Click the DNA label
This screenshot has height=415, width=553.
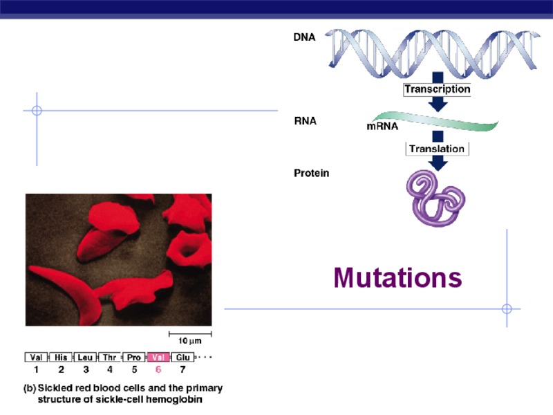point(305,38)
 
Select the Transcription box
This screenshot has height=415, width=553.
point(437,89)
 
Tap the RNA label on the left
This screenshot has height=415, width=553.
point(305,120)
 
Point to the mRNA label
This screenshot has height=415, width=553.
point(382,127)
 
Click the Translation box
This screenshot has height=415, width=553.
point(437,149)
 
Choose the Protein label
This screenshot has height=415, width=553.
point(312,173)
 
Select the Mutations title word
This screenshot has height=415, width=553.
point(397,277)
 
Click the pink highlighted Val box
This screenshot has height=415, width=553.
point(158,358)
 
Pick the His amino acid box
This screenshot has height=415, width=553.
point(62,358)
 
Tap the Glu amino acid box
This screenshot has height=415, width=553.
point(182,358)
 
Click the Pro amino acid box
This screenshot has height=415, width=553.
point(134,358)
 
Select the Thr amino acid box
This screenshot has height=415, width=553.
point(110,358)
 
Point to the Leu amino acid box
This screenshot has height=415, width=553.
point(86,358)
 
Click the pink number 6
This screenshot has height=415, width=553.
point(158,369)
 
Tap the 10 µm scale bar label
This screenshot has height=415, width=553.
point(190,342)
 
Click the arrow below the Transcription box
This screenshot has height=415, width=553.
point(437,104)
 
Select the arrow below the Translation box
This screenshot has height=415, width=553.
point(437,163)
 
